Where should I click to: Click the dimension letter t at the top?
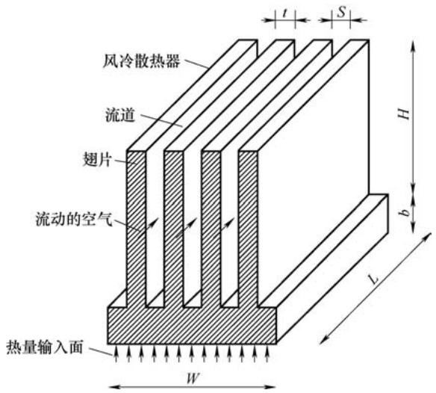(284, 13)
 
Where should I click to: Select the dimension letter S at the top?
(341, 12)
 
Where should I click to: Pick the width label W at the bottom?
(193, 379)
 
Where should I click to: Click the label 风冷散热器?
(142, 61)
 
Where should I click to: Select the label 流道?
(120, 114)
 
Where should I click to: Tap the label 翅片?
(97, 160)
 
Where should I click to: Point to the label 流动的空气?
(74, 219)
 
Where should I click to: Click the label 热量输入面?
(45, 347)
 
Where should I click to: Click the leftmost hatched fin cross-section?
(136, 228)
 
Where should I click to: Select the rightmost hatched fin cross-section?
(248, 228)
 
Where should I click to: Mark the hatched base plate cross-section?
(192, 326)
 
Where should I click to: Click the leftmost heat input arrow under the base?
(116, 353)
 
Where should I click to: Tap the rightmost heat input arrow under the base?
(267, 353)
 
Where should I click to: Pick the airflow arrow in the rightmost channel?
(227, 225)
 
